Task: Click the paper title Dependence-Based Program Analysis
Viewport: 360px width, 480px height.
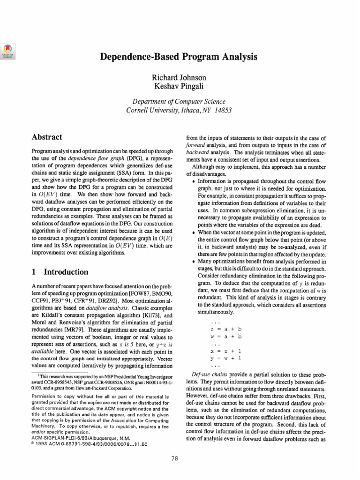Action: point(180,57)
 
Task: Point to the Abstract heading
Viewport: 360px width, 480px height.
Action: point(47,137)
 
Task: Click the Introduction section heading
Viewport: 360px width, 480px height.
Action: point(66,272)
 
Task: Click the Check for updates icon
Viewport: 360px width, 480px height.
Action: point(8,51)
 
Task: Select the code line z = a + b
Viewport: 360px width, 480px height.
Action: point(226,330)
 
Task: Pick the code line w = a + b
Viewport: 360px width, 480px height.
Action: point(226,337)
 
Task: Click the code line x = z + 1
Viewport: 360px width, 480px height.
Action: point(226,351)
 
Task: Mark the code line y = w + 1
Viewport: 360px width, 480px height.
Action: point(226,358)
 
